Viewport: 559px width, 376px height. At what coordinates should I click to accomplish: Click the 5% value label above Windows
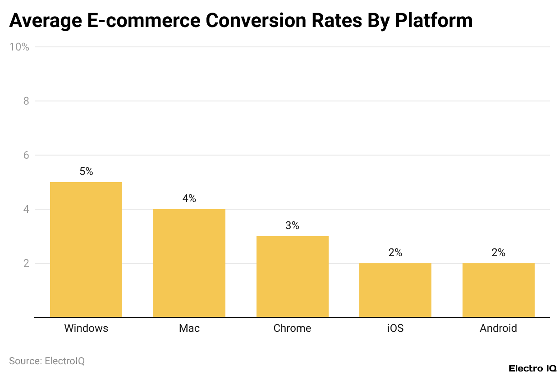tap(86, 171)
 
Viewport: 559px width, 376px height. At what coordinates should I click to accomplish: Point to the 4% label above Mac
tap(189, 198)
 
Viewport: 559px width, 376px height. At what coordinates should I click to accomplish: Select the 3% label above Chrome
tap(292, 225)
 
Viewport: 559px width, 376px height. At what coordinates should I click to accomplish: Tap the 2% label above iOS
tap(395, 252)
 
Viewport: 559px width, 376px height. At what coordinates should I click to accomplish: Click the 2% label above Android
tap(498, 252)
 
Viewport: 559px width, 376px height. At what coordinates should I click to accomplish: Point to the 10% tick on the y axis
tap(19, 47)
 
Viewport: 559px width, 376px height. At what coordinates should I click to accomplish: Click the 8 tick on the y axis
tap(26, 101)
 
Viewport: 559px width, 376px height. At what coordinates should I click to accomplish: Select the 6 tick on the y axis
tap(26, 155)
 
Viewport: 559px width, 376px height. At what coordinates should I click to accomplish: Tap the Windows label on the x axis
tap(86, 328)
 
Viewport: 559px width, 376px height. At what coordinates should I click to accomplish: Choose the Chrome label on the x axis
tap(292, 328)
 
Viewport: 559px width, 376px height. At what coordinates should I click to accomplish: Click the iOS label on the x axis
tap(395, 328)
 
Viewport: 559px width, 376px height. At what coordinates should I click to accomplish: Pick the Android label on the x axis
tap(498, 328)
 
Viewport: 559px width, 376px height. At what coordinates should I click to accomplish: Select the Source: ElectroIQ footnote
tap(47, 361)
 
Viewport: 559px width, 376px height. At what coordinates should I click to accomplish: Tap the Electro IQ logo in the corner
tap(532, 368)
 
